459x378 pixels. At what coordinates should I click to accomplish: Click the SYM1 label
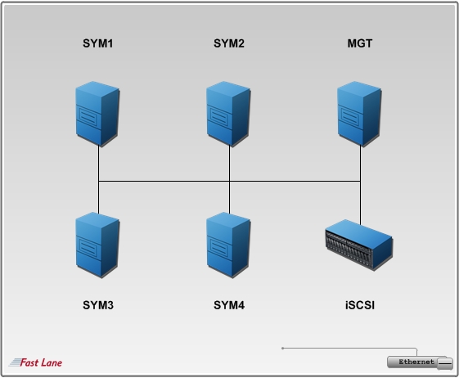[x=97, y=43]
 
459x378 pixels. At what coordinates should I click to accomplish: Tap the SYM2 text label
[x=229, y=43]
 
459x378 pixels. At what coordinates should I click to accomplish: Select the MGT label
[x=360, y=43]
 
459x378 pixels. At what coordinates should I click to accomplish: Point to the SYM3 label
[x=98, y=305]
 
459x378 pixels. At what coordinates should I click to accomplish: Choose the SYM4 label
[x=229, y=305]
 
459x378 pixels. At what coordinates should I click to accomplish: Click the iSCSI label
[x=360, y=305]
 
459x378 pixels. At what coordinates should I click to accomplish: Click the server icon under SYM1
[x=97, y=114]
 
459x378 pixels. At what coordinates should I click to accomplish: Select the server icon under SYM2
[x=228, y=114]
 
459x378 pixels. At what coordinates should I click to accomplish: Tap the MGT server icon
[x=359, y=114]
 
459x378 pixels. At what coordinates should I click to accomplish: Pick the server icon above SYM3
[x=97, y=245]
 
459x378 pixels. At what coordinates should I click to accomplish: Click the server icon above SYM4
[x=228, y=245]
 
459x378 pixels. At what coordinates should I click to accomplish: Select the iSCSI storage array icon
[x=359, y=245]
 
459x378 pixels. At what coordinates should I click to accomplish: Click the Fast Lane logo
[x=35, y=362]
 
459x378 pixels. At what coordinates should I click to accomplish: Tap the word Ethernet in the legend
[x=416, y=362]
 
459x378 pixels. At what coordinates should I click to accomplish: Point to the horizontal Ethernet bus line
[x=229, y=182]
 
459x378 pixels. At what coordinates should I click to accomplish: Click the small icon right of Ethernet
[x=445, y=363]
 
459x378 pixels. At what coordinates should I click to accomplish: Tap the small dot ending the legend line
[x=282, y=348]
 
